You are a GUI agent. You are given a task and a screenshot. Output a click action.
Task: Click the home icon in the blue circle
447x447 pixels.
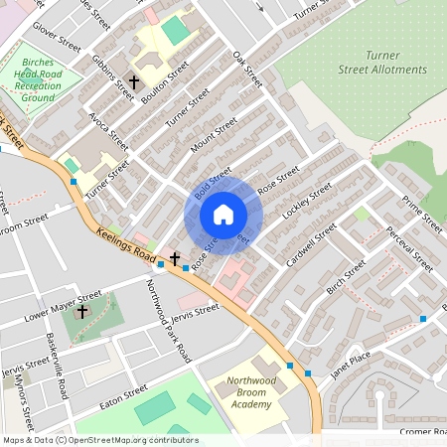click(x=223, y=215)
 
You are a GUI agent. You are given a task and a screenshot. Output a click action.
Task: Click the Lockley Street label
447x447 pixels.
click(x=307, y=202)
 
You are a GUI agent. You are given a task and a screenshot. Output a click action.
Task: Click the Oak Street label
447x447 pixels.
click(x=246, y=69)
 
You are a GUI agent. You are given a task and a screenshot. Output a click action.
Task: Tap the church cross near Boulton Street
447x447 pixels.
click(x=134, y=84)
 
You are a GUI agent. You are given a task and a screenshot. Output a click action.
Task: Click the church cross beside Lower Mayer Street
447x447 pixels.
click(x=81, y=312)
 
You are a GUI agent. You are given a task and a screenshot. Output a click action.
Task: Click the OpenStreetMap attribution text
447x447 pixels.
click(x=99, y=440)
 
